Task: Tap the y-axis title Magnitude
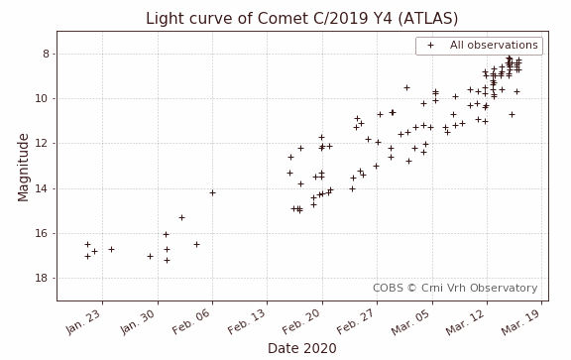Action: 23,166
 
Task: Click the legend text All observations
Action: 494,46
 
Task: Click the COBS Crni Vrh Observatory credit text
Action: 455,288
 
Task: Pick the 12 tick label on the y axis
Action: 45,144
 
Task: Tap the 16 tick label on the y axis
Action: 45,233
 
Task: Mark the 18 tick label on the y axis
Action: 45,279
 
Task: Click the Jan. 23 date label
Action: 83,321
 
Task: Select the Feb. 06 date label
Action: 192,321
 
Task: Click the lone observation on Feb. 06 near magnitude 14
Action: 212,192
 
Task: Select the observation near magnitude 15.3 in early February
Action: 181,217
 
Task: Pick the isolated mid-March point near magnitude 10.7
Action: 512,114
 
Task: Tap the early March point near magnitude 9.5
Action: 406,87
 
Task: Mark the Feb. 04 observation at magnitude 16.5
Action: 196,244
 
